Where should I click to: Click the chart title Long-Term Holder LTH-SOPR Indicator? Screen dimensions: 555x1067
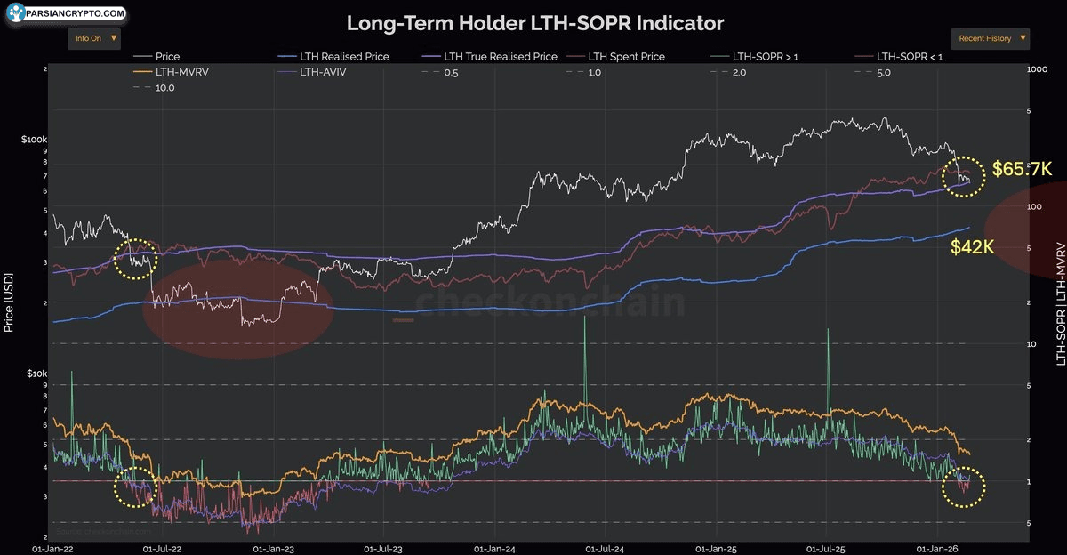(534, 22)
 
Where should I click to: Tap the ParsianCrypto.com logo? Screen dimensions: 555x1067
(64, 14)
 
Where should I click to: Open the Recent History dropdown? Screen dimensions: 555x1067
(991, 39)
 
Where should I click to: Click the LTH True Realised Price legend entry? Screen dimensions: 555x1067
(500, 57)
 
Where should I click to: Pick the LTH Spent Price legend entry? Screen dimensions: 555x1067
(625, 57)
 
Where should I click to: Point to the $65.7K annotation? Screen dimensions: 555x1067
(1021, 168)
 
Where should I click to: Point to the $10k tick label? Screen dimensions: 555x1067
(34, 374)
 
